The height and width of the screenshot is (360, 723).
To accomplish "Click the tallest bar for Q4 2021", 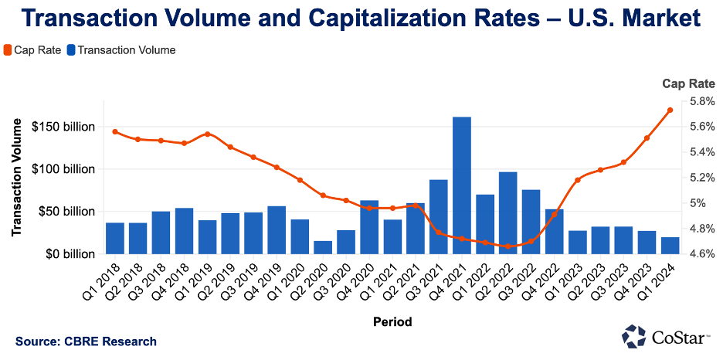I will point(462,185).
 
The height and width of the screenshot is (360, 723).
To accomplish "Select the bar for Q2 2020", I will point(323,247).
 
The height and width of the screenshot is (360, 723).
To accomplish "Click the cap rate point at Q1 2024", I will point(670,110).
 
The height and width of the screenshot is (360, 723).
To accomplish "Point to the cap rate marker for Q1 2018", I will point(115,132).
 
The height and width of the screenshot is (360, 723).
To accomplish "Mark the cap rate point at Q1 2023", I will point(578,180).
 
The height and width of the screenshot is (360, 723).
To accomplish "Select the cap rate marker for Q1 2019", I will point(208,134).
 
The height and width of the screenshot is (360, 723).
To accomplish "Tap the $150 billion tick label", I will point(64,127).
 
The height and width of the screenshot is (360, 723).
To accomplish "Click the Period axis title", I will point(392,321).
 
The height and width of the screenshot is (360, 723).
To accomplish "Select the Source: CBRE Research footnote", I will point(86,341).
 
